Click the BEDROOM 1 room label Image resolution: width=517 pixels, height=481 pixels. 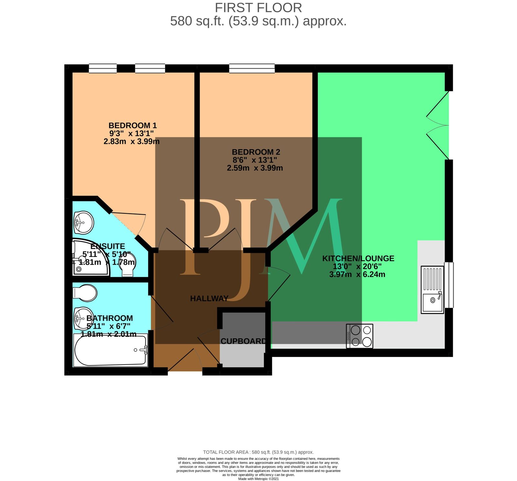(x=132, y=125)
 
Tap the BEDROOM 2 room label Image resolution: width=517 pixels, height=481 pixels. (x=256, y=152)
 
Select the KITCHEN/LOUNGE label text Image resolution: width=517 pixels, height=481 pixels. (x=358, y=259)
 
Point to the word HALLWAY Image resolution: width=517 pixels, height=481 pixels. (x=209, y=298)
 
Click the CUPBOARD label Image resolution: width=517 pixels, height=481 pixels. (x=243, y=341)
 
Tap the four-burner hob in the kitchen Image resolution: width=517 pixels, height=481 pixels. (x=359, y=336)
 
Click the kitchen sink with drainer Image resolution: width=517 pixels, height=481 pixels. (x=432, y=289)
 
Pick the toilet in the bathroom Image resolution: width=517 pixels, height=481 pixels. (x=85, y=293)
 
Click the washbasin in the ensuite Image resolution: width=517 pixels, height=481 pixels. (x=83, y=222)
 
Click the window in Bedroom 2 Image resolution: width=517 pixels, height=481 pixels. (x=252, y=68)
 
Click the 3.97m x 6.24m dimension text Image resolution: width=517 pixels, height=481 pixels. (x=357, y=274)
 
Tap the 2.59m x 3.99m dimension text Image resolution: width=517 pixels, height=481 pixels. (x=255, y=168)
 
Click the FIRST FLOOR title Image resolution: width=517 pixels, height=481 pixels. (x=258, y=7)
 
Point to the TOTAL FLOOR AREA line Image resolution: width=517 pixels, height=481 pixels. (x=258, y=452)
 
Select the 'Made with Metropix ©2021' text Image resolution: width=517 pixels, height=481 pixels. (x=258, y=479)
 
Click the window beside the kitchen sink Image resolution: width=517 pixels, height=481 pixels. (x=449, y=285)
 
